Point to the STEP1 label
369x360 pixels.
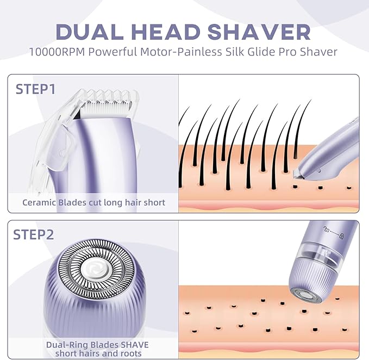coord(35,89)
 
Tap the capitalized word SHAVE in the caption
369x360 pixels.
coord(134,344)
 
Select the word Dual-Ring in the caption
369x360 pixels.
coord(65,344)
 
